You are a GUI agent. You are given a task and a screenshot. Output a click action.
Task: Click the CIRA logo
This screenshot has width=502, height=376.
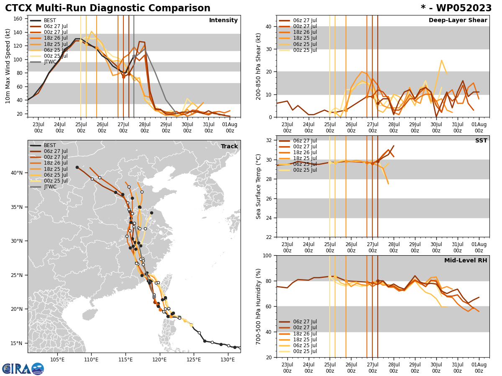click(23, 368)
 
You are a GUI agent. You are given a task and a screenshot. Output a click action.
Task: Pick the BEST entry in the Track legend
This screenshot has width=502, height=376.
click(49, 145)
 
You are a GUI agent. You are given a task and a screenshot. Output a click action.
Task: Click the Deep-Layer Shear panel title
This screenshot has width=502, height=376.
click(458, 20)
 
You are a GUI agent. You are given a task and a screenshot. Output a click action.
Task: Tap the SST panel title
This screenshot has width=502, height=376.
click(481, 141)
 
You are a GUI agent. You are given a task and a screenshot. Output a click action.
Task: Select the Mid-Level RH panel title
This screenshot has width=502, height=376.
click(465, 261)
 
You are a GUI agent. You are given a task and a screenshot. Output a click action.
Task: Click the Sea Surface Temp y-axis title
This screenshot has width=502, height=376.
click(259, 186)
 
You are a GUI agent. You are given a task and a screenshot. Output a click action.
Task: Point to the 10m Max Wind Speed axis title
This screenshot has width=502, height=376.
click(8, 66)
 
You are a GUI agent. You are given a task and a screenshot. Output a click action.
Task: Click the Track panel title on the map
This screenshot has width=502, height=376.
click(229, 146)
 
